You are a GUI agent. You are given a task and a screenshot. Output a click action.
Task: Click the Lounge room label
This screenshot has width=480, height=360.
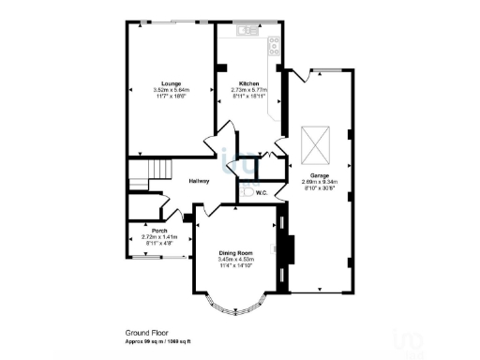171,83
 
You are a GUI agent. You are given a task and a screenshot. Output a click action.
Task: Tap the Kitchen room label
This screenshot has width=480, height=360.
248,83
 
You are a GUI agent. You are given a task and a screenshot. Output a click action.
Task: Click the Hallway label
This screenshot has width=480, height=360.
199,181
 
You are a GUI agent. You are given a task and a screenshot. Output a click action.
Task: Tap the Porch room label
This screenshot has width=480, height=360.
158,229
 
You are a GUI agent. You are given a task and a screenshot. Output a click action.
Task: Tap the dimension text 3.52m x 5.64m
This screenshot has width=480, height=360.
171,90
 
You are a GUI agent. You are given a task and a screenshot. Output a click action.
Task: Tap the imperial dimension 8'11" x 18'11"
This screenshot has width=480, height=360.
248,97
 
